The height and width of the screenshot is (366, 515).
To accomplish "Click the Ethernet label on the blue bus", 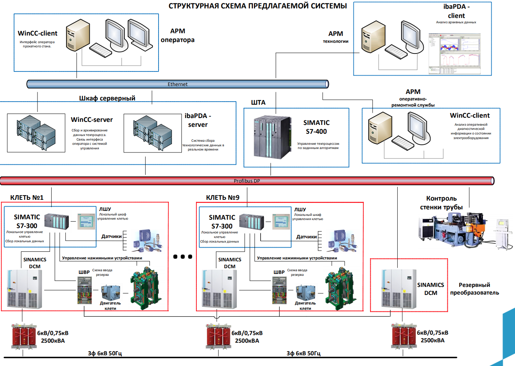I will [178, 84].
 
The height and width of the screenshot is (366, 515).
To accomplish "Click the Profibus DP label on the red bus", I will [247, 181].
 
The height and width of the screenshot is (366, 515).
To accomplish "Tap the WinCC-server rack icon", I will [36, 133].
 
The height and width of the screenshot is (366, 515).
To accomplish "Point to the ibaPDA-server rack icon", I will [152, 133].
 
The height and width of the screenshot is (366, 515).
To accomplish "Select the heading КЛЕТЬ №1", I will [27, 198].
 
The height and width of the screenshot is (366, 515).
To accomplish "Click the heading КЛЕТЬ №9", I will [223, 198].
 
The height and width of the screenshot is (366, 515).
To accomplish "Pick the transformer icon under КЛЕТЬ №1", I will [24, 336].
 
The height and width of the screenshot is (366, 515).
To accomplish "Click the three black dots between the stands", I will [183, 257].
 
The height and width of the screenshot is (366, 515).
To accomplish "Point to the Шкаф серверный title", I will [107, 98].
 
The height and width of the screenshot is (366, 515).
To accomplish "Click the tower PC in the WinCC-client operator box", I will [78, 36].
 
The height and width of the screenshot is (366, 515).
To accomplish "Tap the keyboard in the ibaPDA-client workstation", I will [396, 52].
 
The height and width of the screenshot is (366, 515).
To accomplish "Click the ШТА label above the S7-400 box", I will [258, 102].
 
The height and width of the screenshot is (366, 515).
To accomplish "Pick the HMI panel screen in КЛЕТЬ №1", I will [86, 222].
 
